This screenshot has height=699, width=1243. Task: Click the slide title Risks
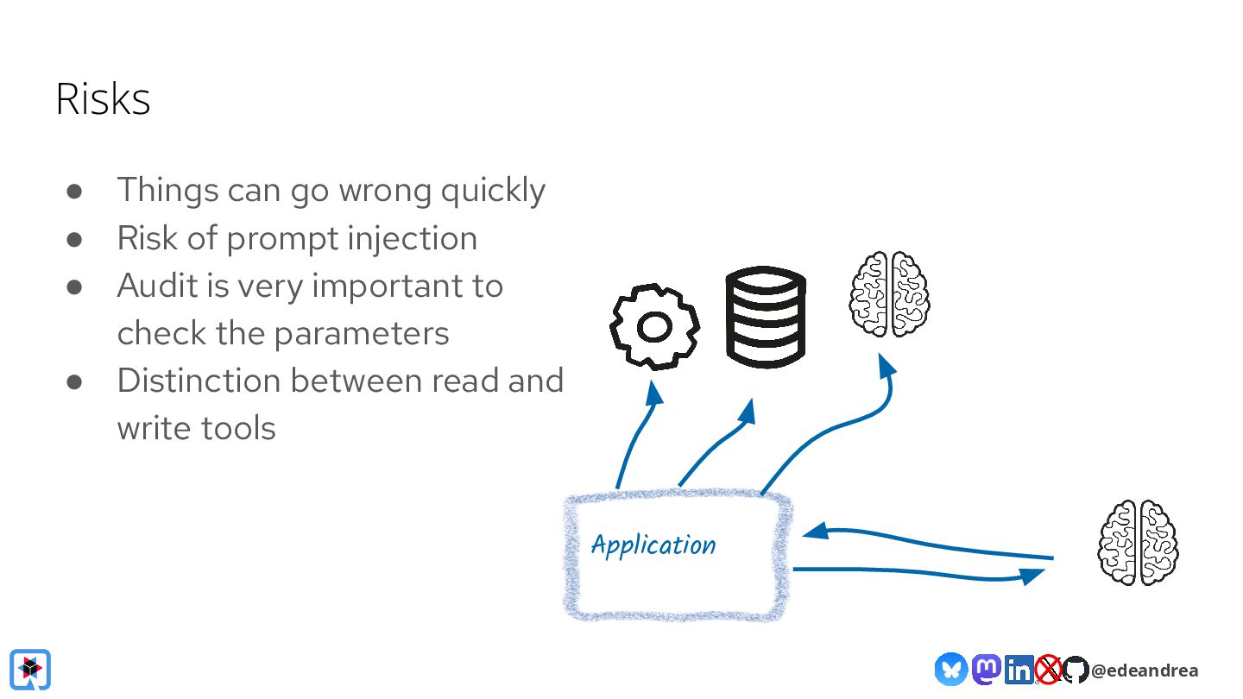[103, 99]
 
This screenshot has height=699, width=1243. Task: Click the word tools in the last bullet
[238, 428]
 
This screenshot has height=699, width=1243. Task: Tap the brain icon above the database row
[889, 294]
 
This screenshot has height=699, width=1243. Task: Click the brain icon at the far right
[1138, 543]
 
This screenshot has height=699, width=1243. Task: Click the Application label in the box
[653, 545]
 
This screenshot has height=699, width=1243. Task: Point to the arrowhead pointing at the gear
[655, 393]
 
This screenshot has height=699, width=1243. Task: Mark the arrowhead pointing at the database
[748, 412]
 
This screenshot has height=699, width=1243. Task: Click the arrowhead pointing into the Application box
[815, 531]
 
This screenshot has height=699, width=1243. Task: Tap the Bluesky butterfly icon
[950, 670]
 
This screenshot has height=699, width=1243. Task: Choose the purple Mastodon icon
[986, 670]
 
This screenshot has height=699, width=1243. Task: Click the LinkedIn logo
[1019, 670]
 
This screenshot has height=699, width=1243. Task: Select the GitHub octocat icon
[1076, 670]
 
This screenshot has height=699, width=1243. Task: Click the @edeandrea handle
[1145, 671]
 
